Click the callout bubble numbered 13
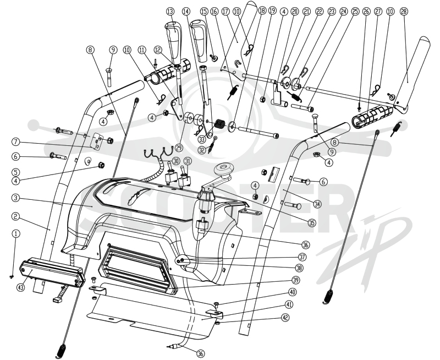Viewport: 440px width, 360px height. coord(170,12)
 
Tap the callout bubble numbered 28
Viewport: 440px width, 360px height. coord(404,12)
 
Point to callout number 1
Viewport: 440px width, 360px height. coord(16,233)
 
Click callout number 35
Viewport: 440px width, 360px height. coord(312,223)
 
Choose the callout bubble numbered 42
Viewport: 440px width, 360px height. coord(285,318)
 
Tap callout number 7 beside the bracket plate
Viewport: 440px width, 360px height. coord(16,142)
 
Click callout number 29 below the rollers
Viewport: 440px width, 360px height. coord(178,146)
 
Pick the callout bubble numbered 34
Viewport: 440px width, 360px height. coord(317,204)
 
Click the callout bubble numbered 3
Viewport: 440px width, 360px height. coord(16,198)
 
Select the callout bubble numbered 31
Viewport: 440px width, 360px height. coord(188,161)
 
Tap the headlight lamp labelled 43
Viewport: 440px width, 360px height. coord(52,271)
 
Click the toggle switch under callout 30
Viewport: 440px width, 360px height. coord(170,173)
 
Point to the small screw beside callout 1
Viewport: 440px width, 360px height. coord(11,276)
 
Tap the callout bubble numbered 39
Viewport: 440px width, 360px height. coord(295,280)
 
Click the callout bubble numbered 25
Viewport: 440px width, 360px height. coord(355,12)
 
